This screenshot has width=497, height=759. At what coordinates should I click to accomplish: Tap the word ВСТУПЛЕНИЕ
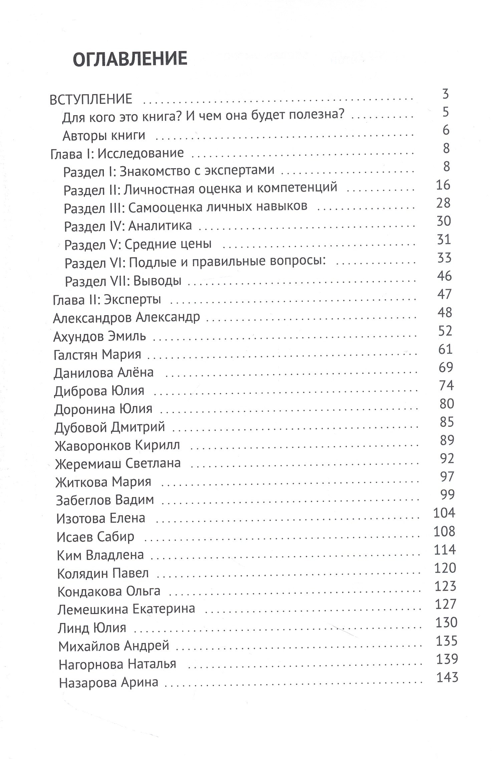coord(91,100)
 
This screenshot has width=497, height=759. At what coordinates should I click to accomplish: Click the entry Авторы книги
coord(104,136)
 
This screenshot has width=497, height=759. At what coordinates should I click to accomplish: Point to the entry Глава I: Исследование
coord(117,153)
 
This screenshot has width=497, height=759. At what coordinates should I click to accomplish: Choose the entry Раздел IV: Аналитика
coord(128,226)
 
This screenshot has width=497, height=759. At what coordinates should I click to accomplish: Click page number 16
coord(443,185)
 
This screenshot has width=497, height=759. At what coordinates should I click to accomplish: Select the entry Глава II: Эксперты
coord(107,300)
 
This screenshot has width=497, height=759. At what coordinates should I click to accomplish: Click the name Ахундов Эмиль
coord(99,336)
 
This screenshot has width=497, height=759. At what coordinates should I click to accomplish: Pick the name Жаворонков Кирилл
coord(117,445)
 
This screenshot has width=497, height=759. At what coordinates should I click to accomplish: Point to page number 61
coord(445,349)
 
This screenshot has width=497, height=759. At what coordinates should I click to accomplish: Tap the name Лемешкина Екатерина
coord(126,609)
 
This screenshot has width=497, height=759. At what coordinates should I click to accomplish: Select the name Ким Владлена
coord(100,555)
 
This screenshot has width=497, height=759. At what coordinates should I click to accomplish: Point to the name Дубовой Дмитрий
coord(109,427)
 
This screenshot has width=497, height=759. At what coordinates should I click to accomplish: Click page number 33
coord(444,257)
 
